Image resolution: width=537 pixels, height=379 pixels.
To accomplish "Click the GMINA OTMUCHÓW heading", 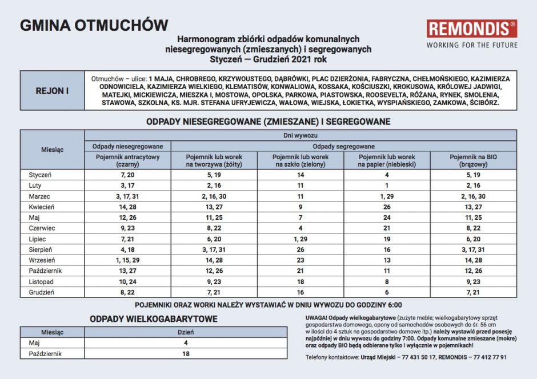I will (x=94, y=26).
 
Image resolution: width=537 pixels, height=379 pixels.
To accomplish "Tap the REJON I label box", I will (x=52, y=91).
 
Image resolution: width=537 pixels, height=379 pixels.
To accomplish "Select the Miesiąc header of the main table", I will (x=52, y=150).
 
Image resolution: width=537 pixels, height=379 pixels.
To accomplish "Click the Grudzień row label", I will (x=41, y=293).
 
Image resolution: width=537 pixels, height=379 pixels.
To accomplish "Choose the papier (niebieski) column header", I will (x=387, y=160).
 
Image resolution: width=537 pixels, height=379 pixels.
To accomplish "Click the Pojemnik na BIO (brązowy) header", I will (x=473, y=160).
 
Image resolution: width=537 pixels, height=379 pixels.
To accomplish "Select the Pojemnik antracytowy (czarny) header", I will (x=127, y=160).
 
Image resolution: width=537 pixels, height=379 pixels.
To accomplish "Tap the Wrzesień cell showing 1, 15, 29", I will (x=127, y=260).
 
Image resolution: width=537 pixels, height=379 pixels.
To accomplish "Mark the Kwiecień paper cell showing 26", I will (x=387, y=207).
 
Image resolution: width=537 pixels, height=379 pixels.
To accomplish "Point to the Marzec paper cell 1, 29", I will (x=387, y=196).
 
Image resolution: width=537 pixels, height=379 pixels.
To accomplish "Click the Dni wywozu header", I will (x=300, y=135).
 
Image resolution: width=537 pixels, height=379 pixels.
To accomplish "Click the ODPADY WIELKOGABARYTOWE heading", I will (x=154, y=319).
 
